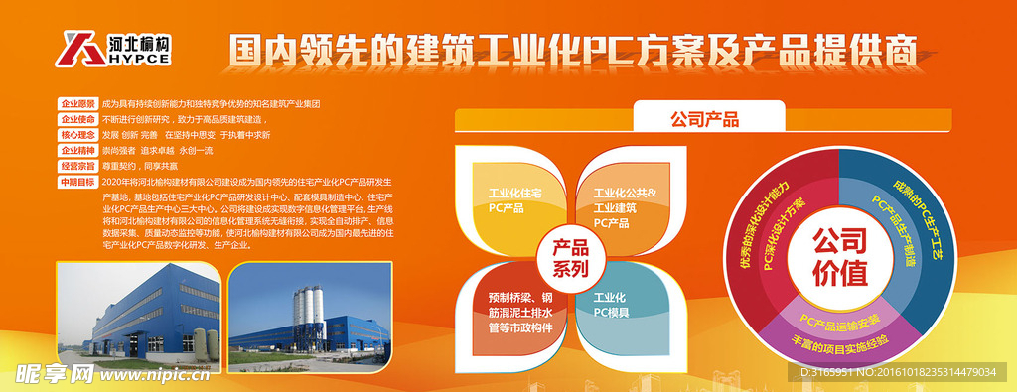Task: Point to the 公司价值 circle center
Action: point(839,256)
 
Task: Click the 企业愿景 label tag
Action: point(78,104)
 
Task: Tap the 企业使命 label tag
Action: point(78,119)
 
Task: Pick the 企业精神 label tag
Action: point(78,150)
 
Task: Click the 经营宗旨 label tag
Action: point(78,166)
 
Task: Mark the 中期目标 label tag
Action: point(78,182)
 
